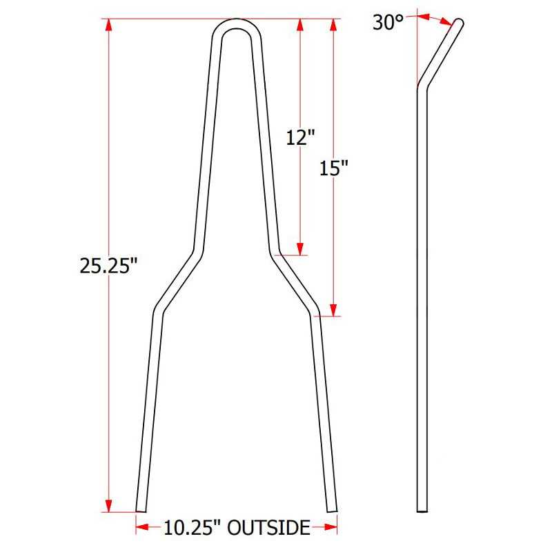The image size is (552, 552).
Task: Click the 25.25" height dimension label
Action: [x=104, y=266]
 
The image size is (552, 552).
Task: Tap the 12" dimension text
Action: [x=299, y=137]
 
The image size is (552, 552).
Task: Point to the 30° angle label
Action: [x=387, y=22]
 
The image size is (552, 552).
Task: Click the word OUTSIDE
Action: [x=268, y=529]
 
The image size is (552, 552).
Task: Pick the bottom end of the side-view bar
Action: [x=422, y=510]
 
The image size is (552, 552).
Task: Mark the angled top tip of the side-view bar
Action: [x=459, y=23]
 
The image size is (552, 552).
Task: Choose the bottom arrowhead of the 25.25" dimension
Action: [x=108, y=505]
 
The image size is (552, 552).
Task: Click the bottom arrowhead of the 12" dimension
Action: [x=299, y=248]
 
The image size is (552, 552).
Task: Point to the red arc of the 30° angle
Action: [x=436, y=17]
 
